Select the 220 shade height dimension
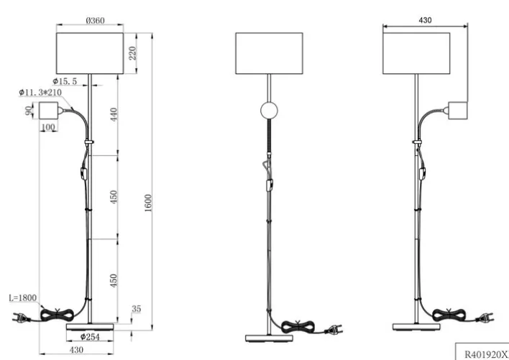(x=132, y=52)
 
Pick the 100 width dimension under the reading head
(x=49, y=127)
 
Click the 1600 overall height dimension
(x=149, y=203)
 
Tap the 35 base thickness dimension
(x=137, y=310)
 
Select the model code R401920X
(x=483, y=353)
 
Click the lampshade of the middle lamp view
(x=270, y=53)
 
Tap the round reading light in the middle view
(x=269, y=111)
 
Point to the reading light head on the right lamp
(x=458, y=110)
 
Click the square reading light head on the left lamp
(x=49, y=111)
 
